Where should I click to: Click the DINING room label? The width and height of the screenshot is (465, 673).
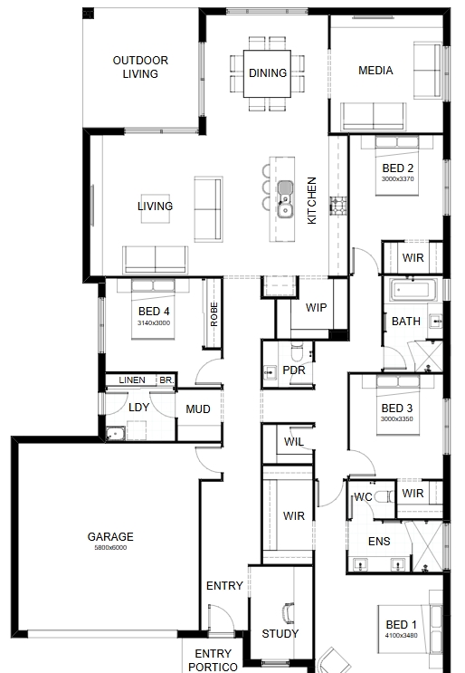(x=268, y=73)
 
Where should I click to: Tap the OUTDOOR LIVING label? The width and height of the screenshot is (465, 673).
(x=140, y=67)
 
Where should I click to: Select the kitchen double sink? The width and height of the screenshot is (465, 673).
(x=285, y=199)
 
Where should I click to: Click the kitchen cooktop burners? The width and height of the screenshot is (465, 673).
(x=338, y=206)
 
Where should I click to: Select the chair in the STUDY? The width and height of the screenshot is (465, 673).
(x=289, y=613)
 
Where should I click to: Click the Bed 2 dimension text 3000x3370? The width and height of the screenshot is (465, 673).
(x=398, y=179)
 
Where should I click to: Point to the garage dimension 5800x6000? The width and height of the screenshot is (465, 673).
(x=110, y=548)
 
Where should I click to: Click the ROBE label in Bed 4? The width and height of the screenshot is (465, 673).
(x=214, y=314)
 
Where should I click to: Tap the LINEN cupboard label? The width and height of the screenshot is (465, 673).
(x=132, y=380)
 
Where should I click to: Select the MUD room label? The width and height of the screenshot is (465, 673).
(x=198, y=409)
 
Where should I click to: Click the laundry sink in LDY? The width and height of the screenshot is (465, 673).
(x=115, y=434)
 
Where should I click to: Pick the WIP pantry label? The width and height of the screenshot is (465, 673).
(x=316, y=307)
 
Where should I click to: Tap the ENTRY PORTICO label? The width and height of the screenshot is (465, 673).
(x=213, y=660)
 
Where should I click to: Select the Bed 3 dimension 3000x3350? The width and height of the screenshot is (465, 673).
(x=397, y=418)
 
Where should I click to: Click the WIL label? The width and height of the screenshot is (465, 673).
(x=294, y=442)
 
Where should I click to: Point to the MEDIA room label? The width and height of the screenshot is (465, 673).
(x=375, y=71)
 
